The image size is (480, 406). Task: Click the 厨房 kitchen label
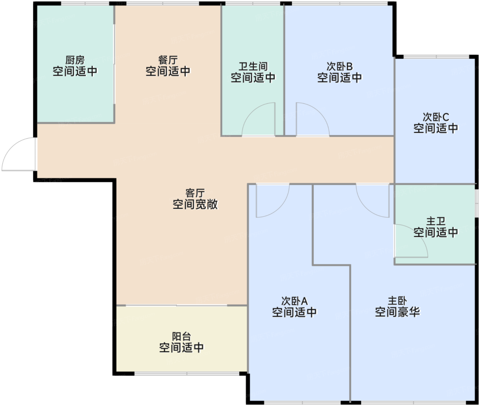(x=75, y=60)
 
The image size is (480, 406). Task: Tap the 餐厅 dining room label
(x=168, y=60)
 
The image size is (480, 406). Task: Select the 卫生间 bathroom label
(x=253, y=67)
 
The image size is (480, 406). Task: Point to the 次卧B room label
(x=339, y=67)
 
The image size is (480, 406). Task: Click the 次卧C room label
(x=436, y=117)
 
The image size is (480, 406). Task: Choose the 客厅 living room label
(x=195, y=193)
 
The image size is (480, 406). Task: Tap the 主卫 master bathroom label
(x=436, y=221)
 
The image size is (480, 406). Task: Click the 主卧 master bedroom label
(x=397, y=301)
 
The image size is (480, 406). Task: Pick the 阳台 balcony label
(x=181, y=336)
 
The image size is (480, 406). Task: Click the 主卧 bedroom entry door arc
(x=365, y=208)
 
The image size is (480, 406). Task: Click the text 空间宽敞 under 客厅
(x=195, y=204)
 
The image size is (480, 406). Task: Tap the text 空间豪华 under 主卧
(x=397, y=312)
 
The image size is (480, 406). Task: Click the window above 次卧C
(x=436, y=57)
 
